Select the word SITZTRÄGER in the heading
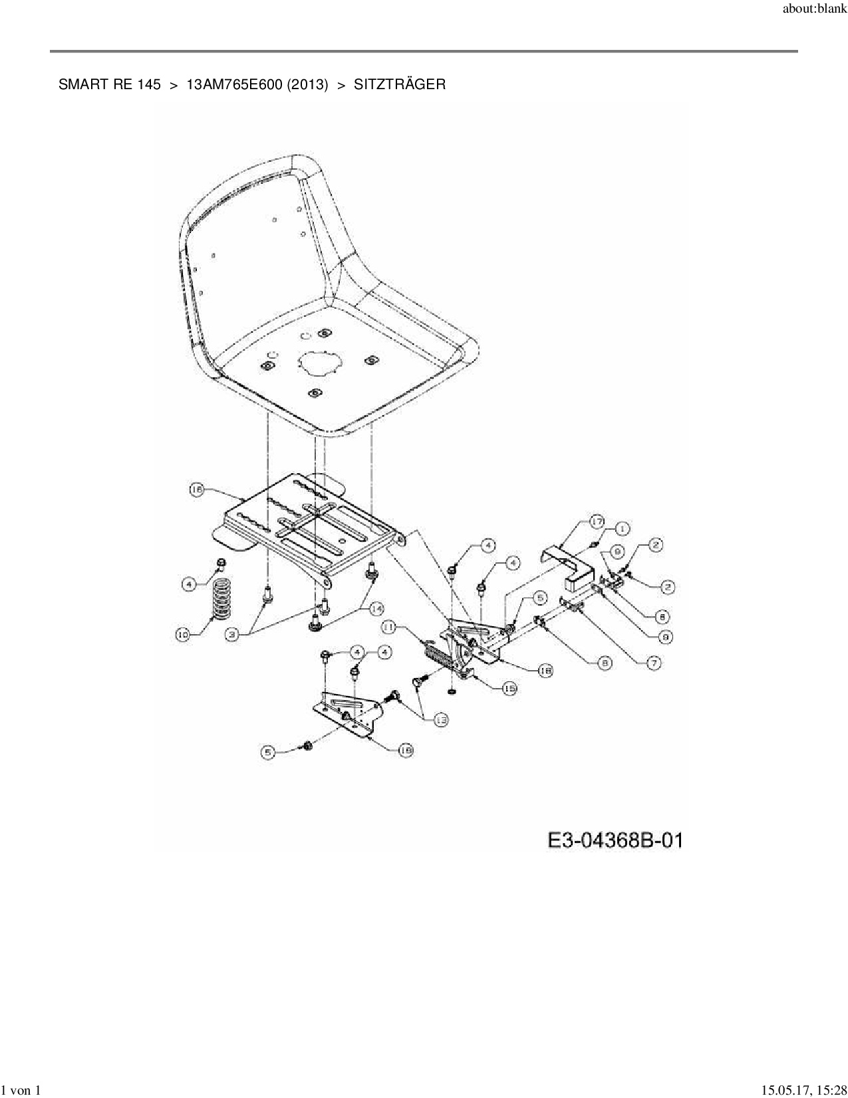(x=400, y=85)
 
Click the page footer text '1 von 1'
(x=21, y=1090)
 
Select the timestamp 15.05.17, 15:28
(x=804, y=1090)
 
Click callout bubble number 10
(x=182, y=635)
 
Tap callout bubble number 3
(x=231, y=635)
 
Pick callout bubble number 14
(x=376, y=608)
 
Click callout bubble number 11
(x=389, y=626)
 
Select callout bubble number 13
(x=441, y=719)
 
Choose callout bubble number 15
(x=509, y=689)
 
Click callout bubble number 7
(x=654, y=663)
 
